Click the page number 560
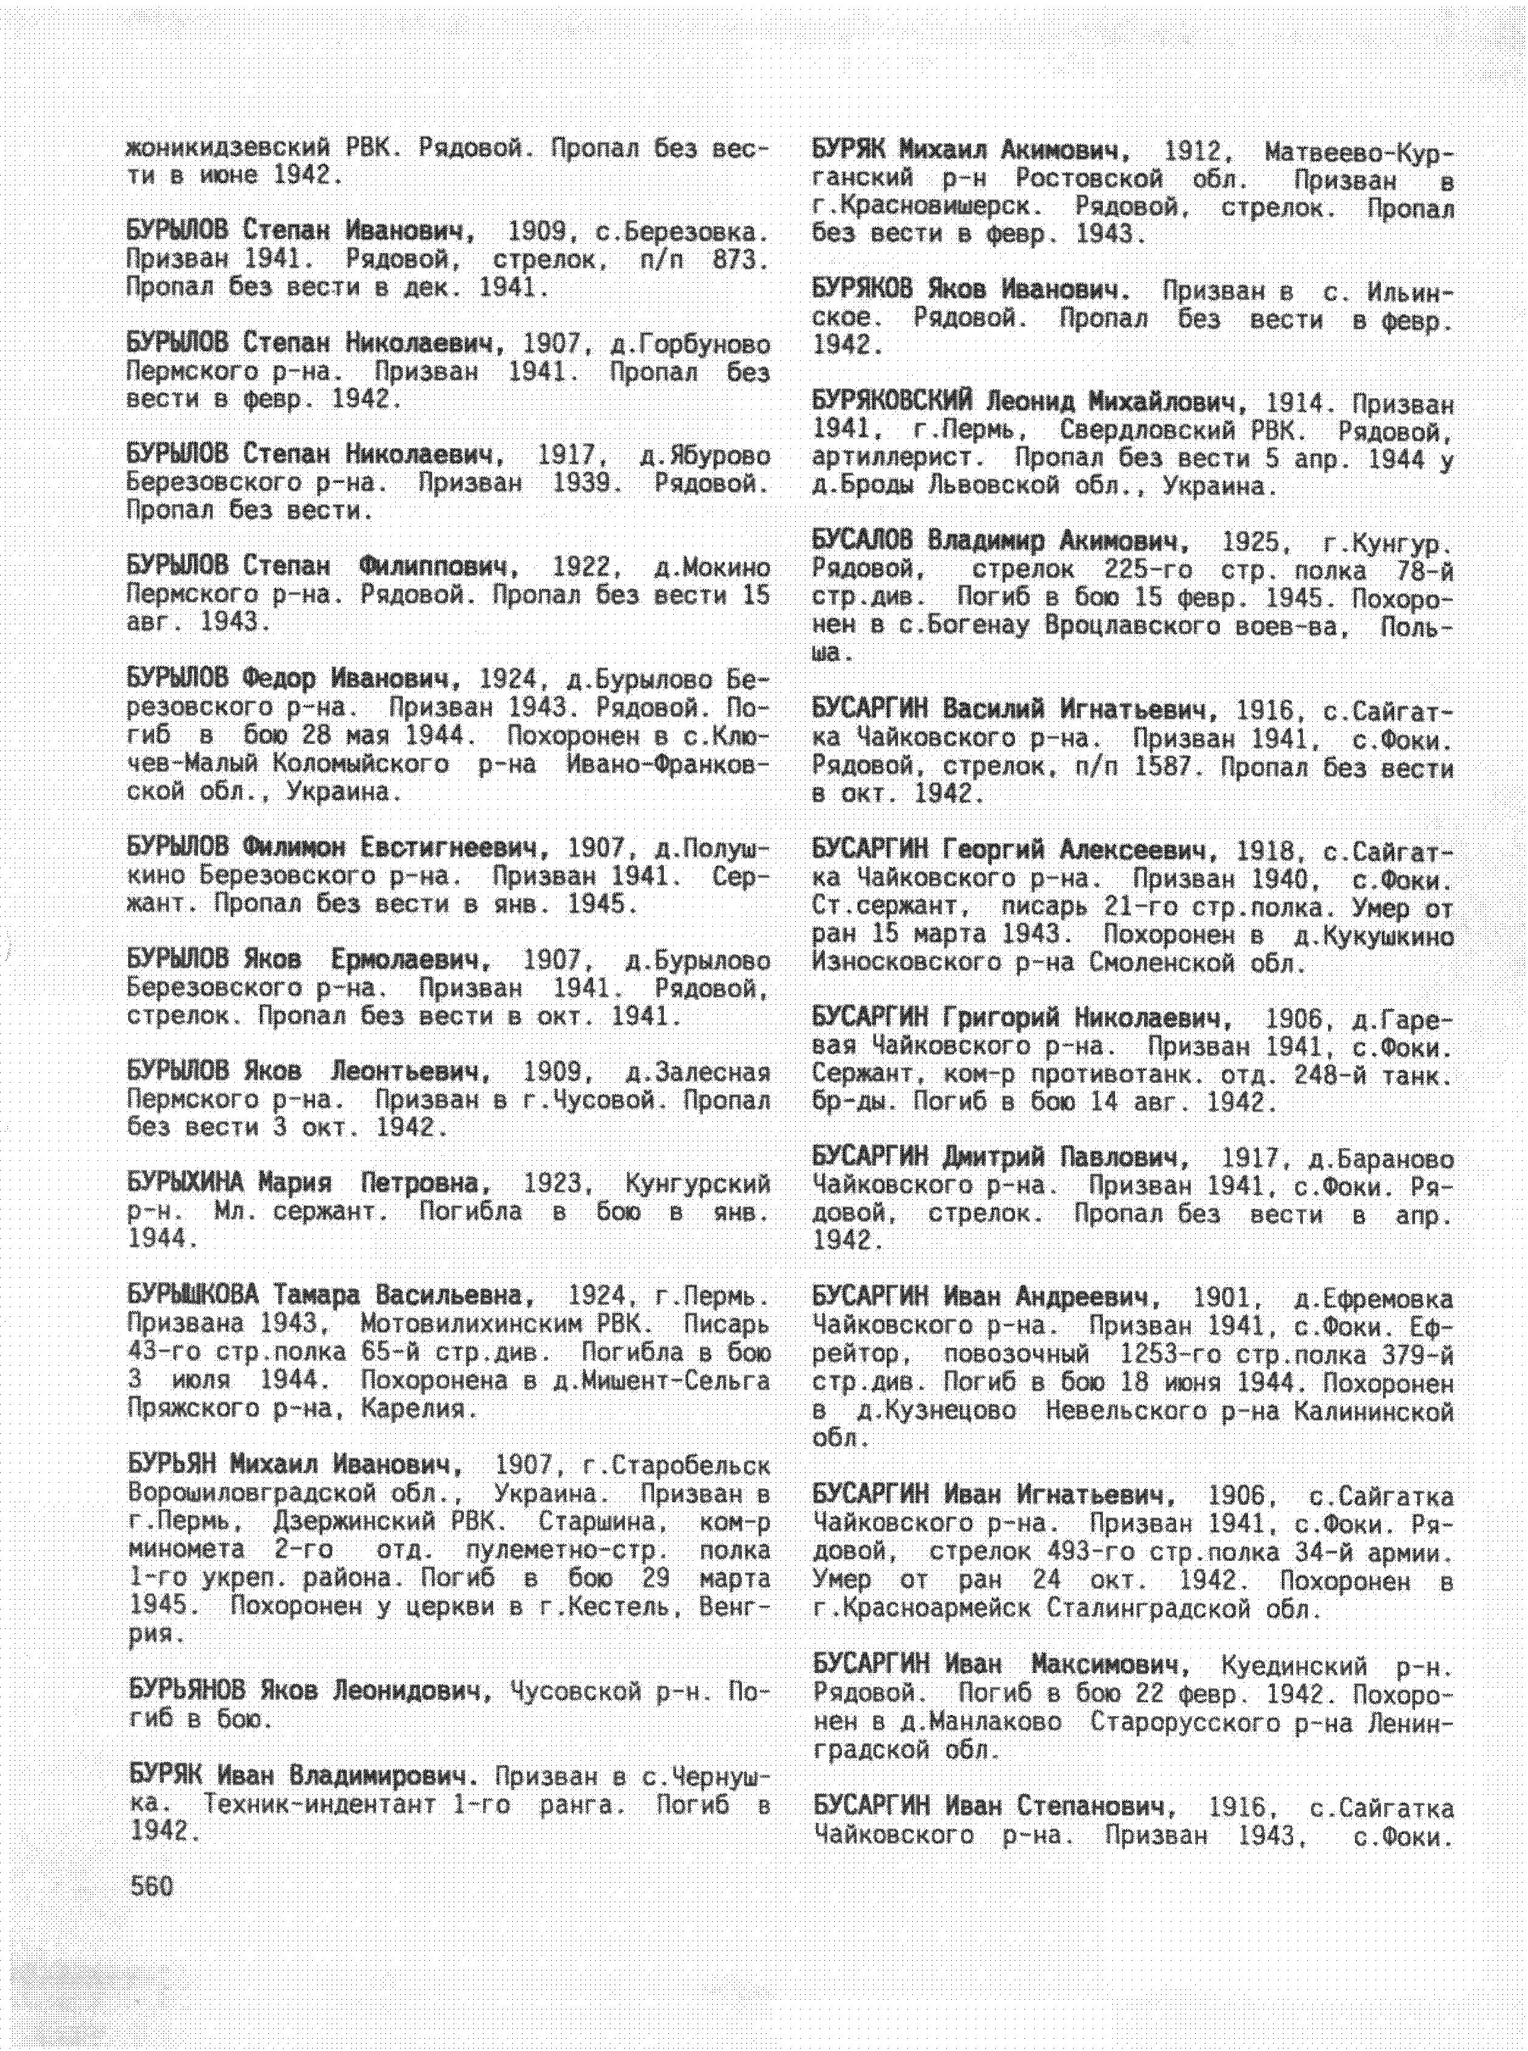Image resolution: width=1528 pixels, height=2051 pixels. point(152,1886)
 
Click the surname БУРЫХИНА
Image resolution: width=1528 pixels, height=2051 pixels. point(185,1183)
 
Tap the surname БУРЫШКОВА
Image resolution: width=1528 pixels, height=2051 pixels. point(191,1296)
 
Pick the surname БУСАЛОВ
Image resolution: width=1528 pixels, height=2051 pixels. point(862,540)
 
